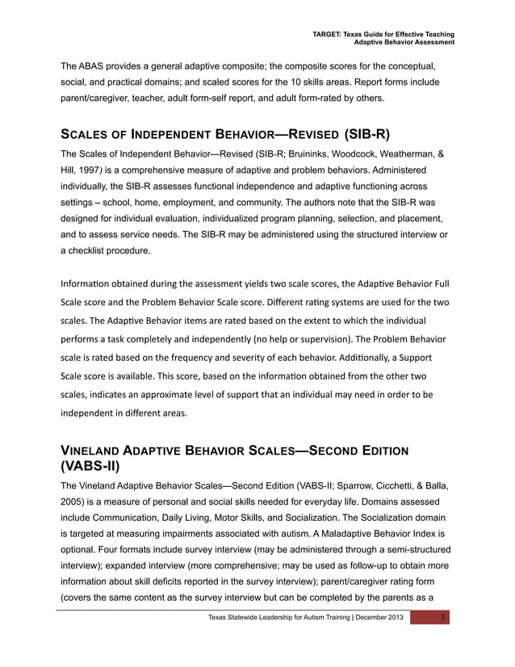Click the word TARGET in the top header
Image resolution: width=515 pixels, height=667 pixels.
pos(328,34)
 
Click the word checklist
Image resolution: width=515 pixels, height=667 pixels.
pos(89,250)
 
